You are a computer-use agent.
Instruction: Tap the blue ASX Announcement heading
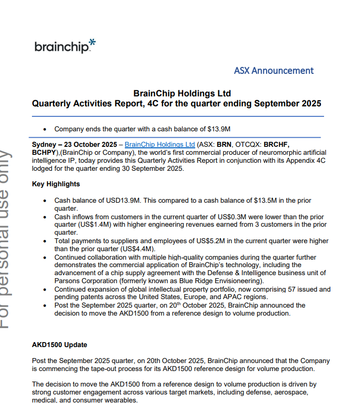(x=274, y=70)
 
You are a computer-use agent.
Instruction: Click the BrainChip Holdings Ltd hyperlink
(x=159, y=145)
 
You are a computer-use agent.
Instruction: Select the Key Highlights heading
(x=56, y=184)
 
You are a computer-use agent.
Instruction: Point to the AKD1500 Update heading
(x=59, y=345)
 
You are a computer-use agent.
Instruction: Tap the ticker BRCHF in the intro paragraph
(x=276, y=145)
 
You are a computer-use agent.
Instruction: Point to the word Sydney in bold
(x=44, y=145)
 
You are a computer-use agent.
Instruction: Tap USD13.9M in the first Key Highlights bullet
(x=125, y=201)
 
